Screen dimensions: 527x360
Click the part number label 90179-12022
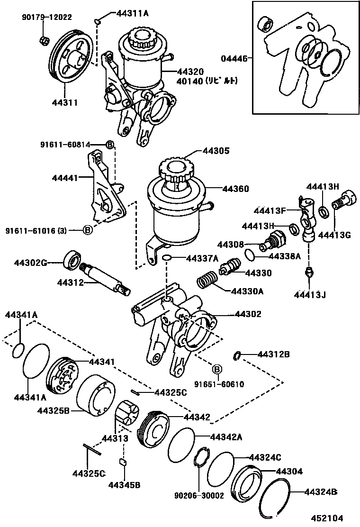[46, 17]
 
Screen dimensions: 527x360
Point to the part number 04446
[234, 59]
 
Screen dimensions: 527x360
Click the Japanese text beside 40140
[221, 81]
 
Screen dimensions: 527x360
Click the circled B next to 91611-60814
[109, 145]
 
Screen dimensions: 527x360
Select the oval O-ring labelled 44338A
[251, 255]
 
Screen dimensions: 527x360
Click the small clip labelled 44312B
[239, 355]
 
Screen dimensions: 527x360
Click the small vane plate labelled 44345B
[122, 462]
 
